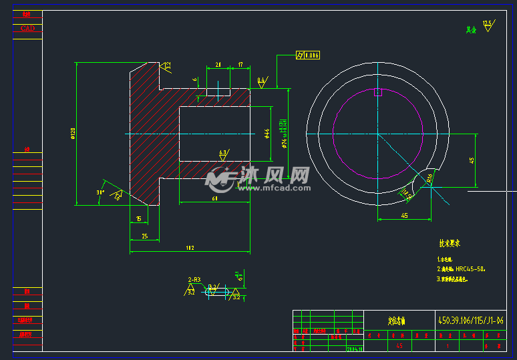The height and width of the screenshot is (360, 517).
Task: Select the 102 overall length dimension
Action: [190, 248]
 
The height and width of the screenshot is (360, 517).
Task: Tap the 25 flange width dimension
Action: [144, 236]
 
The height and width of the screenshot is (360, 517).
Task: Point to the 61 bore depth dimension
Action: [214, 198]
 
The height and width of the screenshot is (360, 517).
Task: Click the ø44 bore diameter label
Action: [267, 134]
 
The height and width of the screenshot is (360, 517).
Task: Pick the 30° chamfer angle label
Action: [101, 192]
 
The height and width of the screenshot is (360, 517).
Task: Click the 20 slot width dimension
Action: [218, 65]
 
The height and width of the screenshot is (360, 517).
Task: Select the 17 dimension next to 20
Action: [240, 65]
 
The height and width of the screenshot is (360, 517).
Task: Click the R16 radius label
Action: [430, 177]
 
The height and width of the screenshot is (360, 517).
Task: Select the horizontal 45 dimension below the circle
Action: [404, 215]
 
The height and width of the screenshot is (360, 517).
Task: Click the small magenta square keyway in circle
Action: [377, 92]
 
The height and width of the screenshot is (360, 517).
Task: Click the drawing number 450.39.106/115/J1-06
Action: [470, 321]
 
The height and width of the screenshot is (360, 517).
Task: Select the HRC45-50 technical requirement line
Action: [464, 269]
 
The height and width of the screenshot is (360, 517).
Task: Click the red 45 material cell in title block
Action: [399, 346]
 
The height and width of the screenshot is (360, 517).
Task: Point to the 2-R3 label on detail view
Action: [194, 279]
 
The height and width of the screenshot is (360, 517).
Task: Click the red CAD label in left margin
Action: [27, 28]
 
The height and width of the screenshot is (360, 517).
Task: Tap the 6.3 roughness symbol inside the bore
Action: [223, 153]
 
